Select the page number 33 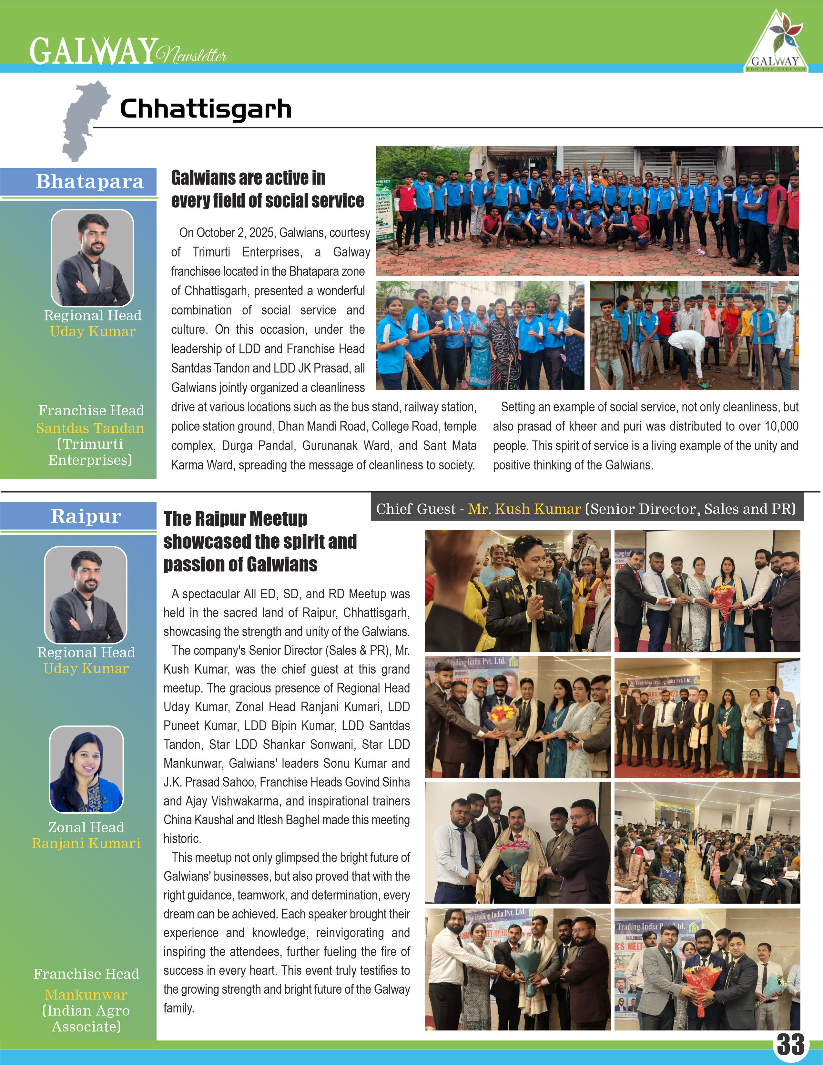[790, 1044]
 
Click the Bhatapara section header [90, 181]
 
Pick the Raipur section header [86, 516]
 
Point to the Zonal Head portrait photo [86, 769]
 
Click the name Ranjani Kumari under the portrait [86, 843]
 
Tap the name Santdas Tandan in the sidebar [90, 428]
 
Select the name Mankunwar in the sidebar [86, 994]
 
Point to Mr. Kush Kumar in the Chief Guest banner [524, 509]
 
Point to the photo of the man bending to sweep [694, 336]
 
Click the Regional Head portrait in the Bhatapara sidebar [92, 258]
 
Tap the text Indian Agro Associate [86, 1019]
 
